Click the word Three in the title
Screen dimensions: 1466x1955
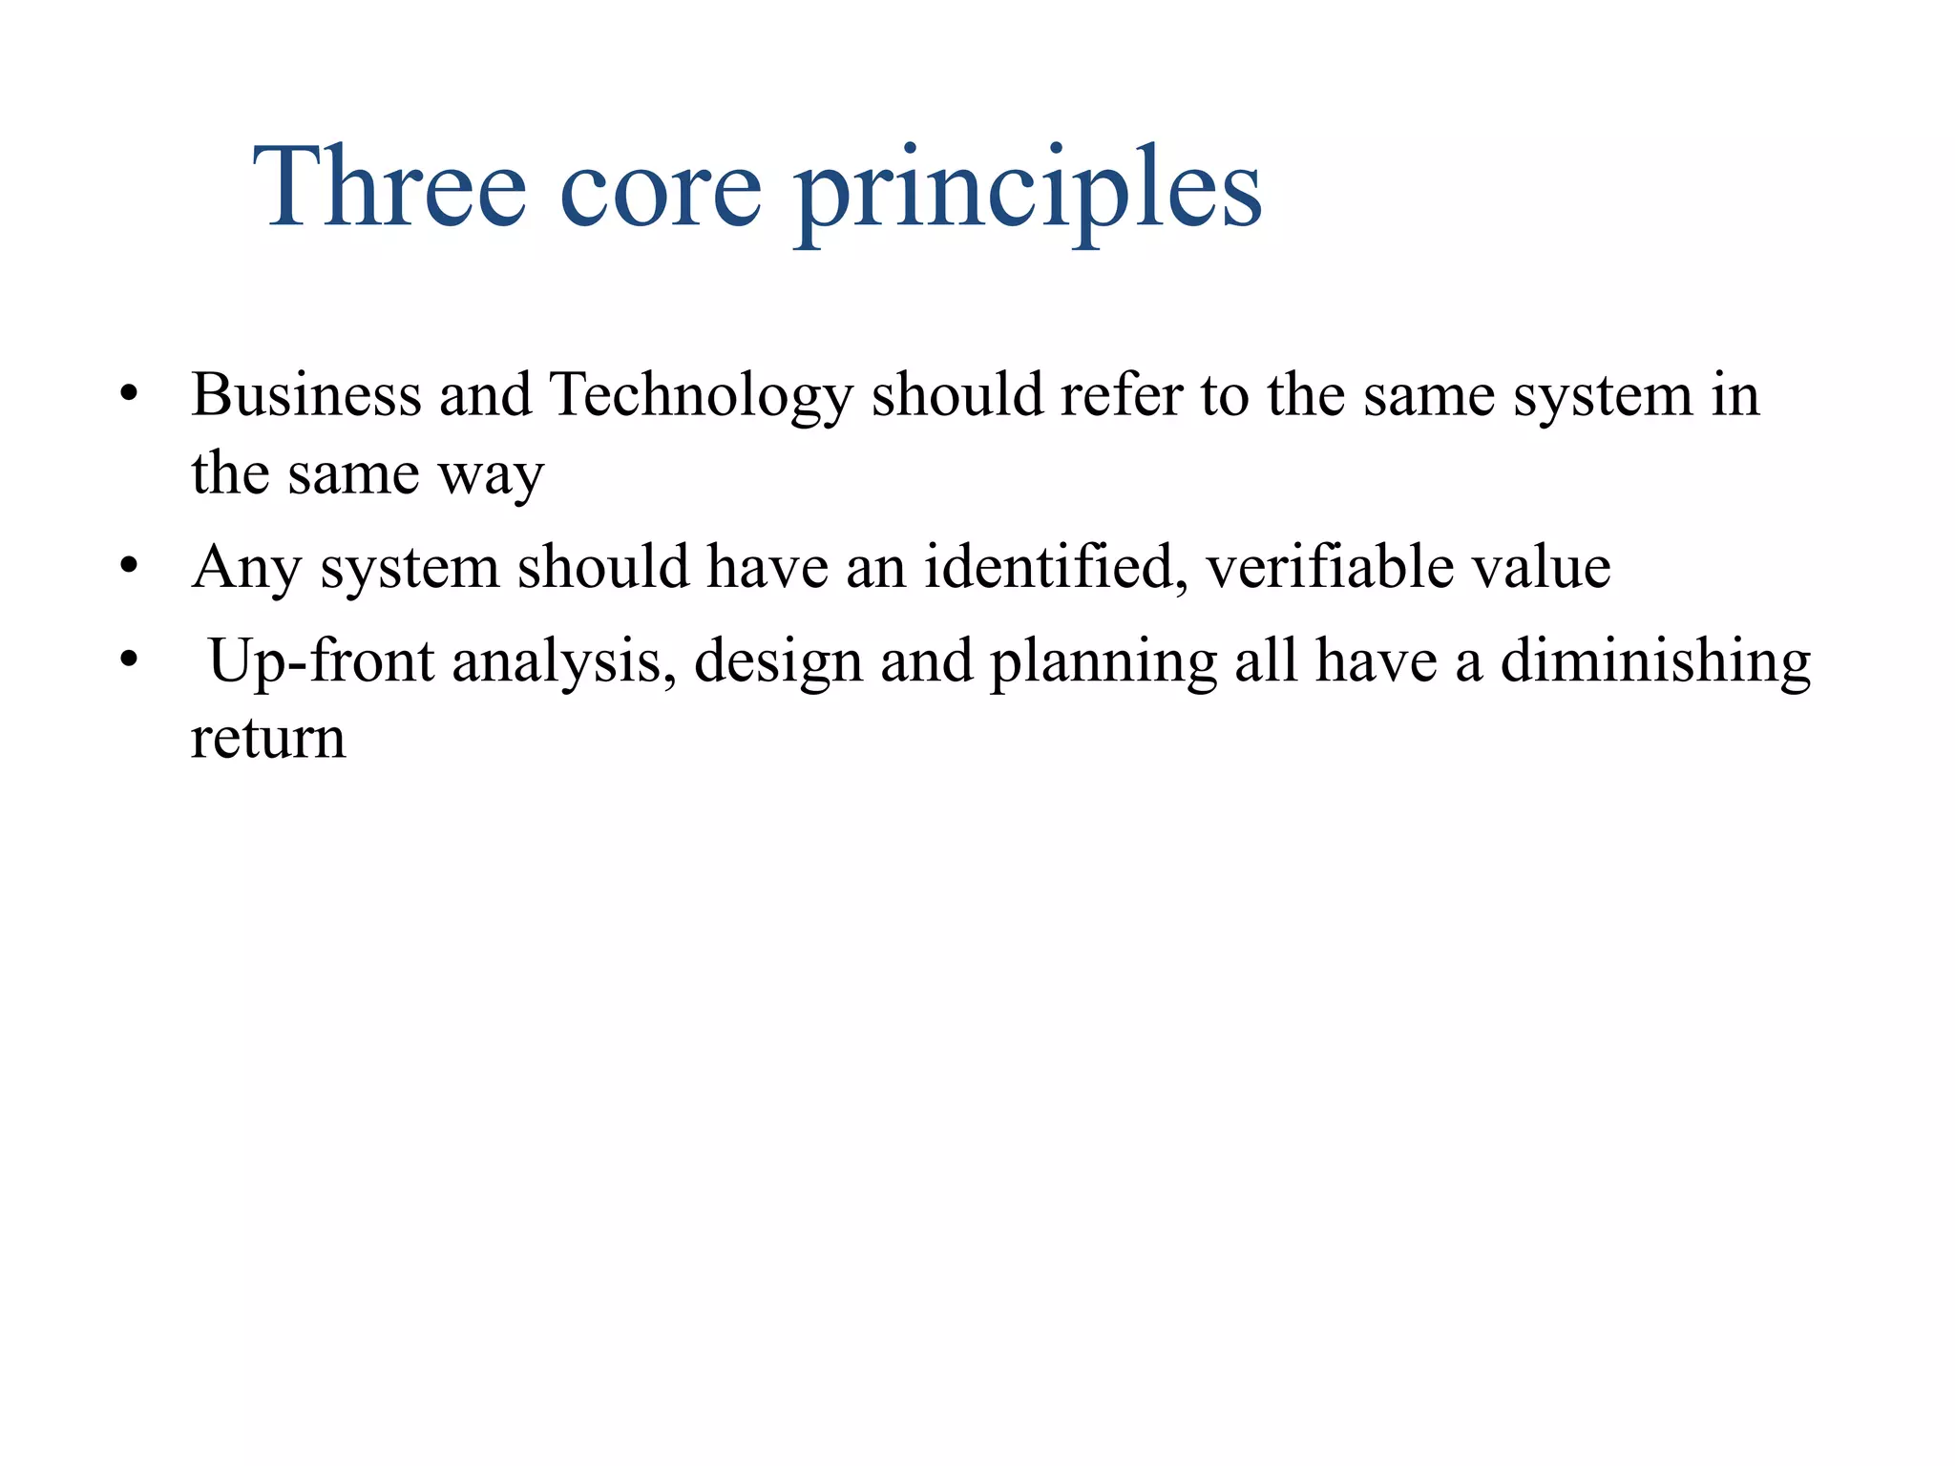click(389, 187)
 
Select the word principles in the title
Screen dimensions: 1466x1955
click(1028, 191)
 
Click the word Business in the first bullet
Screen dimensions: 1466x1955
click(305, 394)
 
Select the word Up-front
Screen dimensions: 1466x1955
click(321, 662)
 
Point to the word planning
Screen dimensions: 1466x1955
click(1103, 662)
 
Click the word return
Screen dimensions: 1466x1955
click(268, 740)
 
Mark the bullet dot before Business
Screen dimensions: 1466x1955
click(130, 394)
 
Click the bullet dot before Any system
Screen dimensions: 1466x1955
click(130, 567)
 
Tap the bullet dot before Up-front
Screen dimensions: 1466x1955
click(130, 660)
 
